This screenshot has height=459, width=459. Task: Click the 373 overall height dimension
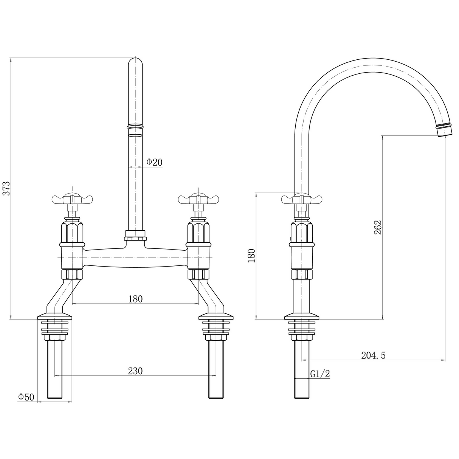click(x=6, y=188)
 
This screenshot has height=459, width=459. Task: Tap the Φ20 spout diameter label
click(x=154, y=162)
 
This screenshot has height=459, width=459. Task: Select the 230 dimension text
click(x=135, y=371)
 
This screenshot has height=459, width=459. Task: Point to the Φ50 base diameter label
click(x=26, y=397)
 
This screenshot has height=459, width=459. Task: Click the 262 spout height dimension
click(x=378, y=227)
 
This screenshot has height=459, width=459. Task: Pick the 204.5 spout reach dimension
click(x=373, y=355)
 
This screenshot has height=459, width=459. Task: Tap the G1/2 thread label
click(x=320, y=374)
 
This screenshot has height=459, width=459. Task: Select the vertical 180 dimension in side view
click(x=251, y=256)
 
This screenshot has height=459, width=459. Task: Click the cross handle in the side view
click(x=301, y=198)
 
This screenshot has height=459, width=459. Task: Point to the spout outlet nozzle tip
click(x=444, y=130)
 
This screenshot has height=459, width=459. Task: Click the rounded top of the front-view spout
click(x=136, y=64)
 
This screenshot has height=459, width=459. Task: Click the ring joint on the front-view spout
click(x=136, y=127)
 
